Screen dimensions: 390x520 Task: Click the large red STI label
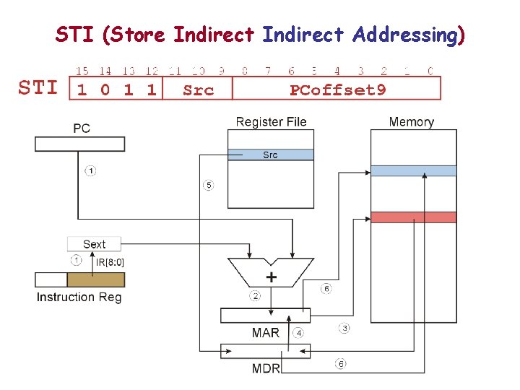(38, 88)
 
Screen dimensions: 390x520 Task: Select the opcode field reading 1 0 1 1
(116, 90)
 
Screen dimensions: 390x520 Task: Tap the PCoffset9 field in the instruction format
(337, 90)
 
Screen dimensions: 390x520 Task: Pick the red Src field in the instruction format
(198, 90)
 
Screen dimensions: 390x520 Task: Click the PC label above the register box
(82, 129)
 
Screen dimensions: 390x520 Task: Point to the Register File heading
(271, 121)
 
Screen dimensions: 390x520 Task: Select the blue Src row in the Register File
(271, 155)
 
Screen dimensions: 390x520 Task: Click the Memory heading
(411, 121)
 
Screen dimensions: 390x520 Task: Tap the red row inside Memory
(413, 217)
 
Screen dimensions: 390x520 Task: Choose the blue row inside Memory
(413, 171)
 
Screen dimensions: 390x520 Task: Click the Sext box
(94, 244)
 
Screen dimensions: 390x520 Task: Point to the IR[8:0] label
(109, 262)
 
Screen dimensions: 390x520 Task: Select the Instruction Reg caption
(79, 297)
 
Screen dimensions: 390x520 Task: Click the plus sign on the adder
(272, 277)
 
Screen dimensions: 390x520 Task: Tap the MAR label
(265, 333)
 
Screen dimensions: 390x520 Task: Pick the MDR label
(266, 368)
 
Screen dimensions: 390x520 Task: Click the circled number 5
(208, 186)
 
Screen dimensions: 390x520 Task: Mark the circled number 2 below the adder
(255, 295)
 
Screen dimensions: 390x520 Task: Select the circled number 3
(344, 328)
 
